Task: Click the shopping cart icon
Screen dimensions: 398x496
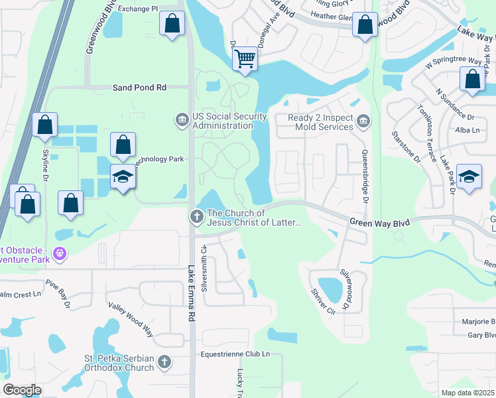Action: [245, 60]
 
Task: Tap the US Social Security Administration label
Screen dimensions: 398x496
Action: [229, 121]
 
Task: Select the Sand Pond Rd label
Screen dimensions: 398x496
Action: [139, 87]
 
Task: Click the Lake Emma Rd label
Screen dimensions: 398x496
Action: [192, 294]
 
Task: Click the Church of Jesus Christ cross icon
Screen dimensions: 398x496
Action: [196, 216]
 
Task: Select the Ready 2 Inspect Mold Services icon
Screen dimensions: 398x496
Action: [363, 121]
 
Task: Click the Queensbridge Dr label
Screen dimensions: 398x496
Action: [364, 176]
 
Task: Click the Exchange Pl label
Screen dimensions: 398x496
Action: [137, 9]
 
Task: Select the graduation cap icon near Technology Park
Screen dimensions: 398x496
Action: [123, 177]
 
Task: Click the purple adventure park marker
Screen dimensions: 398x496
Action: [60, 253]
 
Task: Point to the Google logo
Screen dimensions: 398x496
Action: [22, 390]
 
